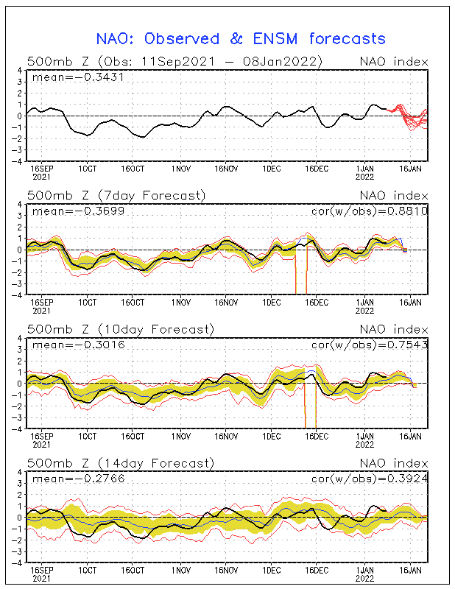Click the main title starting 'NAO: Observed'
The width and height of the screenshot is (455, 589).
click(x=241, y=38)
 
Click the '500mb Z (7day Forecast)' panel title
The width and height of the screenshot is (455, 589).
click(x=116, y=195)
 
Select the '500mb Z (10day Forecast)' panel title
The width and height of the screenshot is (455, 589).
click(x=120, y=329)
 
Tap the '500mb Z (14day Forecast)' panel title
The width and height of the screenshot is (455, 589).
click(x=120, y=463)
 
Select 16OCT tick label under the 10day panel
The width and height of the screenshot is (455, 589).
click(x=133, y=436)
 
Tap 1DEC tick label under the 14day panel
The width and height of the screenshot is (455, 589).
click(x=272, y=570)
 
